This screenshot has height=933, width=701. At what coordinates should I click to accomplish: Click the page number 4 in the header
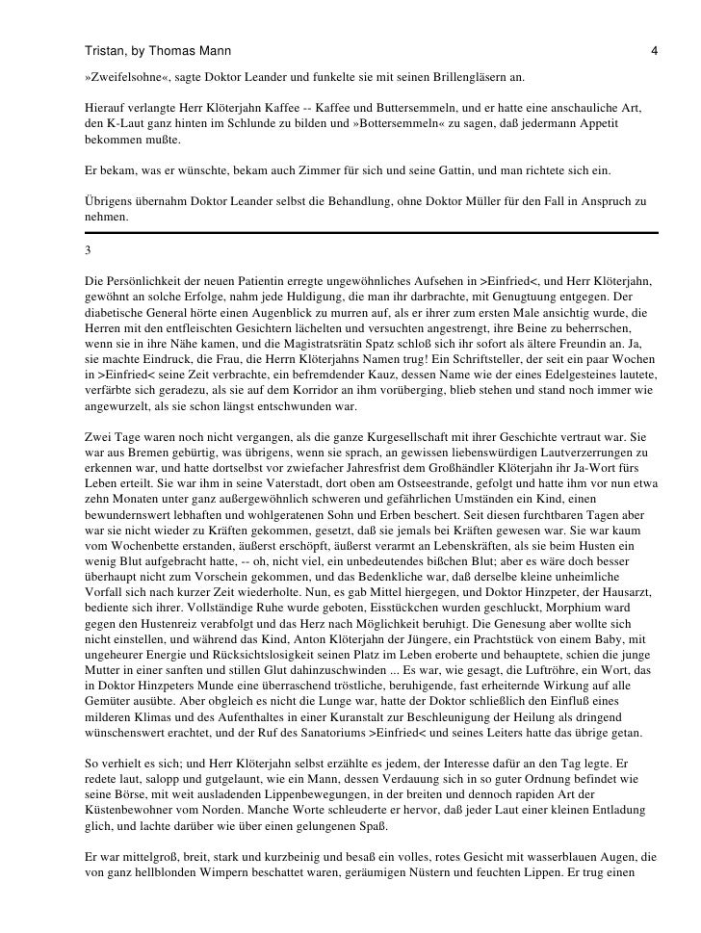point(654,48)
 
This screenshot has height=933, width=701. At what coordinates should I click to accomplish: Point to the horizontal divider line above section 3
point(371,233)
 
